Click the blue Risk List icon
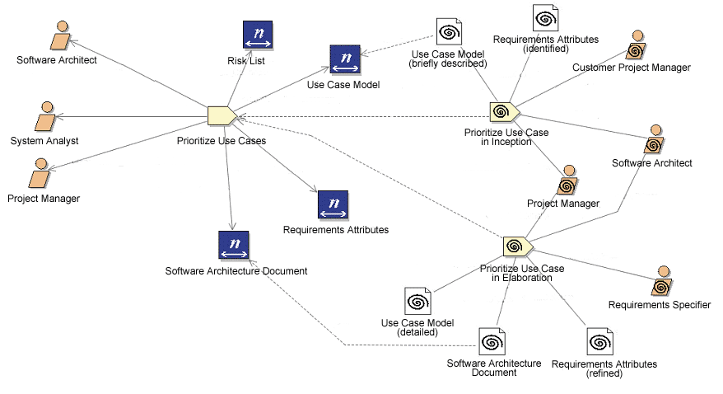pyautogui.click(x=257, y=35)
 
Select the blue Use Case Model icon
pyautogui.click(x=344, y=59)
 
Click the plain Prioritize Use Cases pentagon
pyautogui.click(x=222, y=116)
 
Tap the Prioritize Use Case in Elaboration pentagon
pyautogui.click(x=515, y=246)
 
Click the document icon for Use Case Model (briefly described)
pyautogui.click(x=448, y=32)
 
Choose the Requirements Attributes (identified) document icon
pyautogui.click(x=545, y=19)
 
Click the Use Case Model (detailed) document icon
pyautogui.click(x=417, y=302)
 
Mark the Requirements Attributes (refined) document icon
pyautogui.click(x=600, y=342)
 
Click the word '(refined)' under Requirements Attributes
pyautogui.click(x=604, y=373)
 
